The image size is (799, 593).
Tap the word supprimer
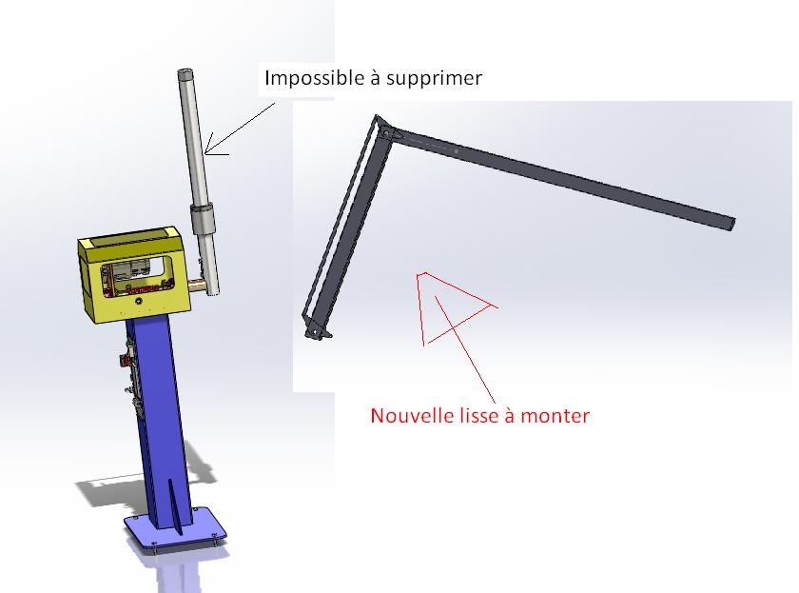click(x=434, y=79)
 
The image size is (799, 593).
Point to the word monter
click(x=555, y=417)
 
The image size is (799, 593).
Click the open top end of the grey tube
click(x=185, y=73)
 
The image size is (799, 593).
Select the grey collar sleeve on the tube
click(x=203, y=218)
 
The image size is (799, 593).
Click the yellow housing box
click(x=133, y=274)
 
